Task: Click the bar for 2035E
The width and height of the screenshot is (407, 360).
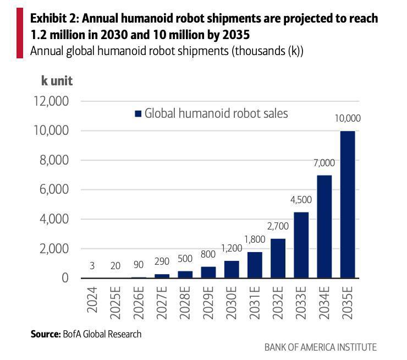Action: pyautogui.click(x=347, y=204)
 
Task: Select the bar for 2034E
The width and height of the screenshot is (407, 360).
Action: pyautogui.click(x=324, y=226)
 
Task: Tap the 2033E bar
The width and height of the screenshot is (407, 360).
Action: pyautogui.click(x=301, y=245)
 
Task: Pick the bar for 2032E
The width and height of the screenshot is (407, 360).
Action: pyautogui.click(x=278, y=258)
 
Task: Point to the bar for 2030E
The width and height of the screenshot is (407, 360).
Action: pyautogui.click(x=232, y=269)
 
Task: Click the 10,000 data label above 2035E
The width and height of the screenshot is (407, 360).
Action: pyautogui.click(x=347, y=118)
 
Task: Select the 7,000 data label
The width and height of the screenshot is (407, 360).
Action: pyautogui.click(x=324, y=163)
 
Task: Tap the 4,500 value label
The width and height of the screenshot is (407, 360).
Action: pyautogui.click(x=301, y=200)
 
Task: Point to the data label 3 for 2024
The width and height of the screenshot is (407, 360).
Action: pyautogui.click(x=92, y=266)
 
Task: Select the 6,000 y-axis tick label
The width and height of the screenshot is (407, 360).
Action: pyautogui.click(x=53, y=189)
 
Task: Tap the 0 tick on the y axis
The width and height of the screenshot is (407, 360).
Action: pyautogui.click(x=65, y=278)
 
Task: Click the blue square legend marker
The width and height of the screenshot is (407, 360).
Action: pyautogui.click(x=138, y=114)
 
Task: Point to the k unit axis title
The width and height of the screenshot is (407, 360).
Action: pyautogui.click(x=57, y=81)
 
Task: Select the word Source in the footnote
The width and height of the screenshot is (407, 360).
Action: pyautogui.click(x=45, y=334)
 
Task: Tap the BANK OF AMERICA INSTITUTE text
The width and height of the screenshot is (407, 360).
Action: pyautogui.click(x=320, y=347)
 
